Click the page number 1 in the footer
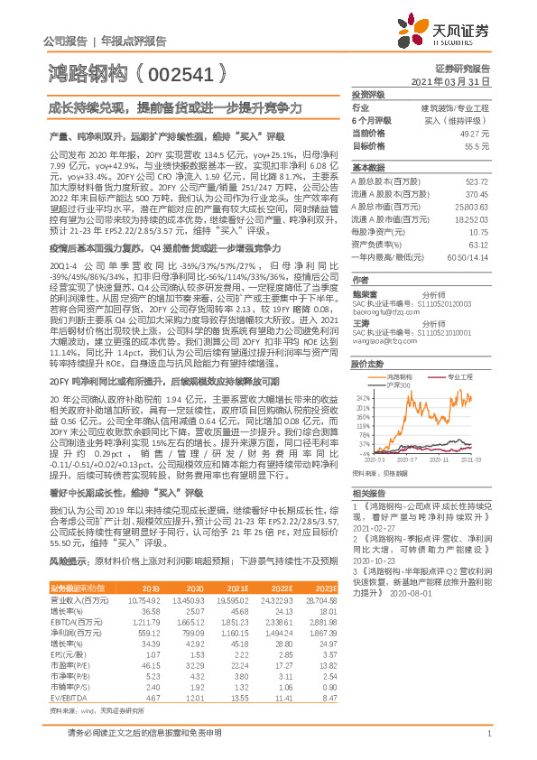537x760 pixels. (x=488, y=744)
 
